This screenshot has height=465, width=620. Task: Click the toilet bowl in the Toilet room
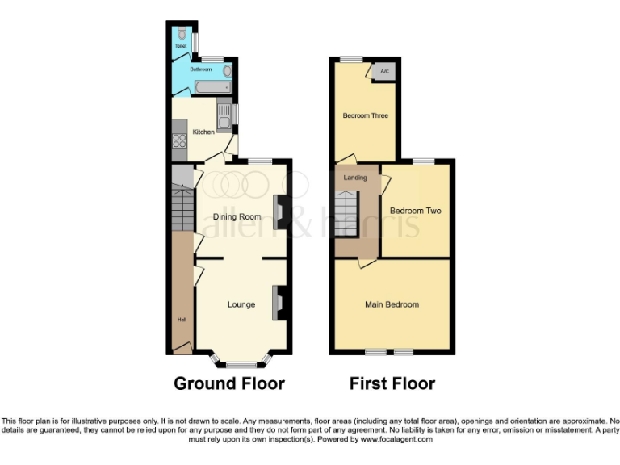(x=183, y=36)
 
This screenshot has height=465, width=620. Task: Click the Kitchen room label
(x=202, y=132)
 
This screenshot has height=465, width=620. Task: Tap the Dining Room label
(x=237, y=216)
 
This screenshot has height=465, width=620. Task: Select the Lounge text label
(x=241, y=304)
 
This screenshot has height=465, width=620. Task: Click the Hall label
(x=181, y=320)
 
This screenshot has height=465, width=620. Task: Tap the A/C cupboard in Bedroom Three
(x=384, y=72)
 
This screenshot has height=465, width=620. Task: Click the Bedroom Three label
(x=365, y=115)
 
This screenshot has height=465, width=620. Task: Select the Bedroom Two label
(x=415, y=211)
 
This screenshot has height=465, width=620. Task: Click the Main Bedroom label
(x=392, y=304)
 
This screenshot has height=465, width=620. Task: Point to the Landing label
(x=355, y=178)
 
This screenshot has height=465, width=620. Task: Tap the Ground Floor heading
(x=229, y=383)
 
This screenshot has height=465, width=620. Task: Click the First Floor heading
(x=392, y=383)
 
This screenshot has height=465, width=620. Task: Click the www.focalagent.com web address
(x=396, y=440)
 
